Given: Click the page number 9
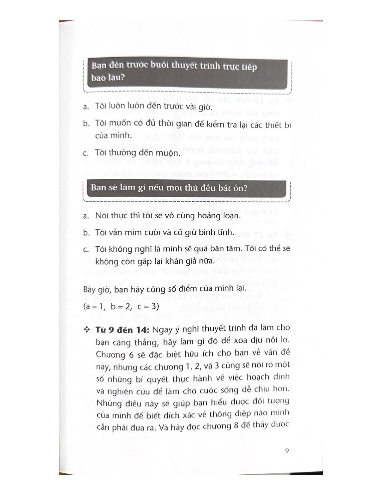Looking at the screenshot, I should [287, 451].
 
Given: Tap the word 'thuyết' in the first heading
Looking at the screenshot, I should [187, 66].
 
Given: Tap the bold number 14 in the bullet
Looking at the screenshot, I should [141, 330].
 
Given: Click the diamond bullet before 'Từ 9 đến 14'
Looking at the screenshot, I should [87, 330].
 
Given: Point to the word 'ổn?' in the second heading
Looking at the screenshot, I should [239, 188].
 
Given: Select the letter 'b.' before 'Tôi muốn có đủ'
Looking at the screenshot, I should [86, 124].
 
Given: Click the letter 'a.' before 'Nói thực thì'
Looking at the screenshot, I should [86, 216].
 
